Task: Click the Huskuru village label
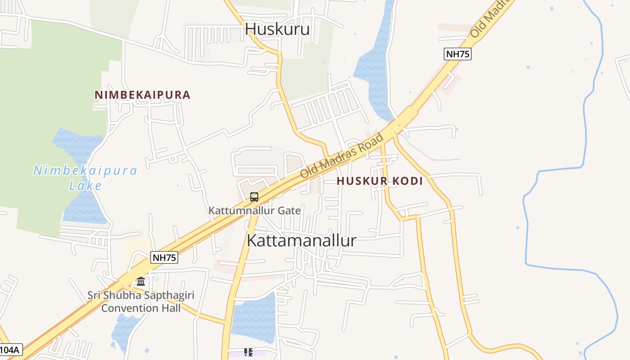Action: coord(277,29)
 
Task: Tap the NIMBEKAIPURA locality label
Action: coord(142,95)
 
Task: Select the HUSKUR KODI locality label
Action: coord(379,181)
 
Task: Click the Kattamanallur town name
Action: coord(301,240)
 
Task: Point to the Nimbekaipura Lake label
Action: coord(85,178)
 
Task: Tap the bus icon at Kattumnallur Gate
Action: coord(254,197)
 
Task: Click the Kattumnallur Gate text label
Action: coord(254,210)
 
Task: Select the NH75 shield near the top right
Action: coord(457,54)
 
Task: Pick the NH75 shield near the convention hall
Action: coord(164,257)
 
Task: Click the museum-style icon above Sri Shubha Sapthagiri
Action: coord(141,282)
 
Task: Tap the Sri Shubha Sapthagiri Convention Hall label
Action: coord(140,301)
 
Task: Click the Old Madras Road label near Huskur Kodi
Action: coord(342,155)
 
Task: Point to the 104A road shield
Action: coord(10,350)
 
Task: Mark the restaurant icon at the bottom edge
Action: coord(248,352)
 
